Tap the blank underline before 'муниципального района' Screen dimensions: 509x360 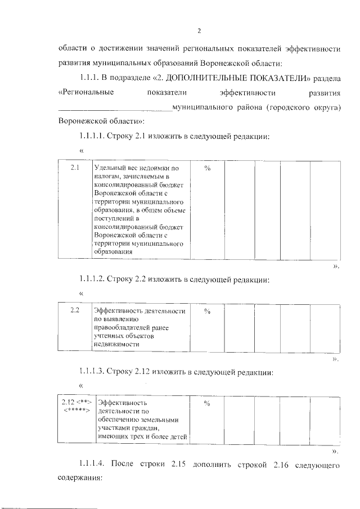tap(115, 107)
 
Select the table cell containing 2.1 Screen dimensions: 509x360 tap(75, 168)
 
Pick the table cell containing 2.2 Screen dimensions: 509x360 tap(74, 310)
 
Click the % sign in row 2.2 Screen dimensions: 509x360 tap(207, 310)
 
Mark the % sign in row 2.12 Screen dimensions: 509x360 tap(207, 403)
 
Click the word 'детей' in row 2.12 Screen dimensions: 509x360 tap(175, 437)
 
